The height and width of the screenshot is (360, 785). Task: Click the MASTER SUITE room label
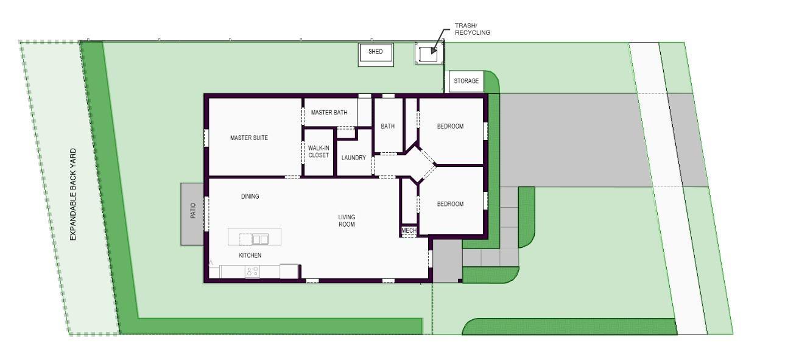coord(249,138)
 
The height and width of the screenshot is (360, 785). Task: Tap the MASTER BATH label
coord(329,113)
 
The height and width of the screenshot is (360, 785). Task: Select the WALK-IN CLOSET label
coord(319,152)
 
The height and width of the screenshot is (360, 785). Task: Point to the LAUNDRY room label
coord(354,158)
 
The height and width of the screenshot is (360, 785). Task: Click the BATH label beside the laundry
coord(387,126)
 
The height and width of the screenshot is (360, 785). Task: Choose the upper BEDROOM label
coord(450,126)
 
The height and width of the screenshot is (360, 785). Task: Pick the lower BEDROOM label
coord(450,204)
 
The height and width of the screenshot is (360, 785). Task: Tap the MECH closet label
coord(409,230)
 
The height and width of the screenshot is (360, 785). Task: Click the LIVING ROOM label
coord(347,221)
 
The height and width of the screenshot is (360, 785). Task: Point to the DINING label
coord(250,196)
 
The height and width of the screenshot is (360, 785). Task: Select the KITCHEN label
coord(250,255)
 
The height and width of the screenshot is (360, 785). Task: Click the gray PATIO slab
coord(192,214)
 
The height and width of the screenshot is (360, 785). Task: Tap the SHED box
coord(376,55)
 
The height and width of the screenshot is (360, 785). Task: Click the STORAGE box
coord(466,82)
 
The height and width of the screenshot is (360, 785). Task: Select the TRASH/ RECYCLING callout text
coord(473,29)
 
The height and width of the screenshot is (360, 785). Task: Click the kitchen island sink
coord(261,239)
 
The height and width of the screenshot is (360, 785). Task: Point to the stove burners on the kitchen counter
coord(252,272)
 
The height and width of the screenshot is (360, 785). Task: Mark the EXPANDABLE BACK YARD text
coord(73,194)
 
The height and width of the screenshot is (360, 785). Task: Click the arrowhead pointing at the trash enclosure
coord(434,51)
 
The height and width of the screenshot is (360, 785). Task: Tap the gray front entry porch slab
coord(448,261)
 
